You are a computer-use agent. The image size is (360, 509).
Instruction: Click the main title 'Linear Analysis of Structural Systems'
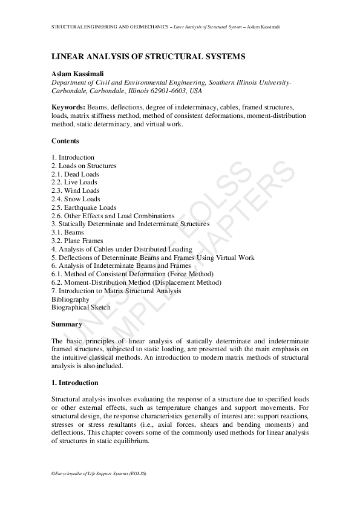148,56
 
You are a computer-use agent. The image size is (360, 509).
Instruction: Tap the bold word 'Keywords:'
68,106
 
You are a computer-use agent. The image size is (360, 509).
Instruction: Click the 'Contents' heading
65,141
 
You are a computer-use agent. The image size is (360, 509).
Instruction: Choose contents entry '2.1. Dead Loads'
75,174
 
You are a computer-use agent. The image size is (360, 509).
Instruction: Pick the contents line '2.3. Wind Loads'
76,190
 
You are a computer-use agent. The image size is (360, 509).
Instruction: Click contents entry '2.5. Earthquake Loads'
83,207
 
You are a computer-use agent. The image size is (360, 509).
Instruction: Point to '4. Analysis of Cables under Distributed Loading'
122,249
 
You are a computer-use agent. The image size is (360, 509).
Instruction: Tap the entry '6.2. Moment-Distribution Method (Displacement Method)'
136,282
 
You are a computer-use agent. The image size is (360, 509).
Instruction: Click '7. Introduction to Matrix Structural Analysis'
116,291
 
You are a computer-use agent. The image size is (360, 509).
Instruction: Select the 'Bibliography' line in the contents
70,299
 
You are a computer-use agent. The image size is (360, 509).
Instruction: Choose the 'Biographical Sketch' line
81,308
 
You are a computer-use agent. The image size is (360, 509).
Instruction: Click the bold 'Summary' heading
67,324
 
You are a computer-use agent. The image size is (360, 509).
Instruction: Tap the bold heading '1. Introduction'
74,383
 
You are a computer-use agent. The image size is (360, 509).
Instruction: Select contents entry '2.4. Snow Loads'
76,199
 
